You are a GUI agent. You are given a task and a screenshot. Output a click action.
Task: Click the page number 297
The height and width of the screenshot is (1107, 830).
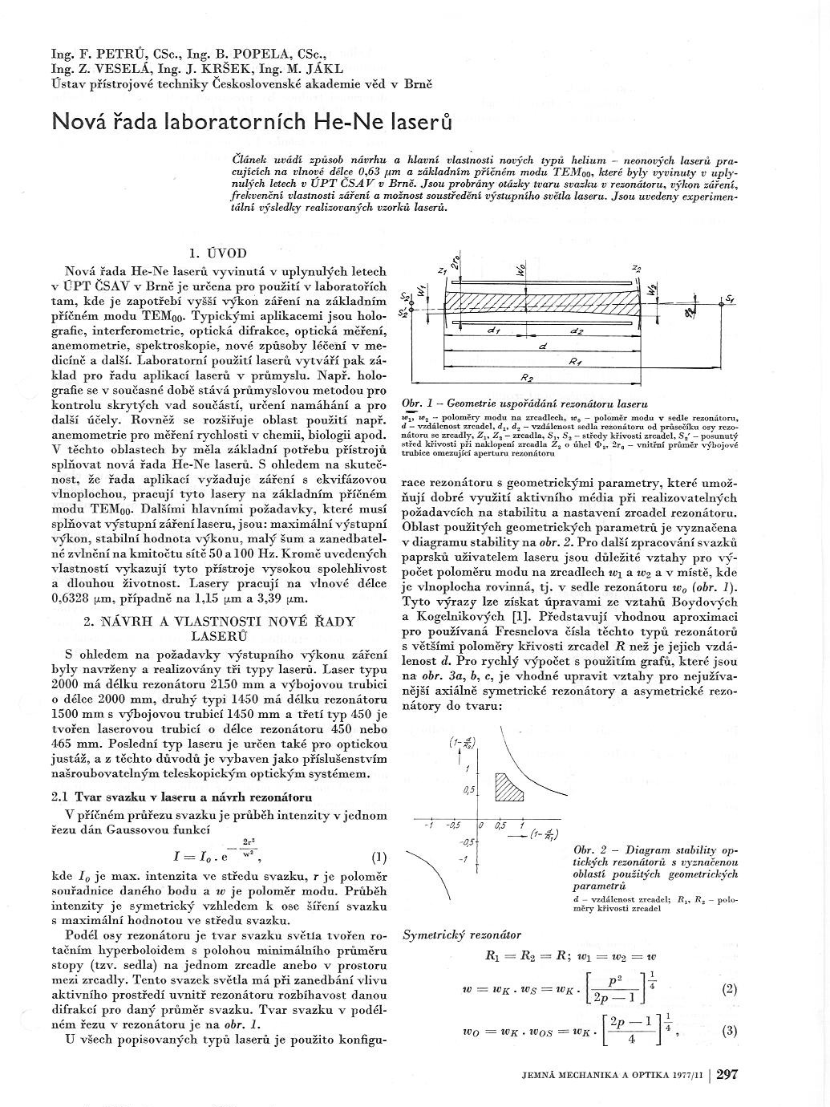(727, 1075)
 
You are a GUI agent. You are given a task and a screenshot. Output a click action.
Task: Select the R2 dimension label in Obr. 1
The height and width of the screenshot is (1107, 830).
(527, 376)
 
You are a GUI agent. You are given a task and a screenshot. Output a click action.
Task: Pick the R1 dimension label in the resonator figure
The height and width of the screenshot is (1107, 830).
(574, 362)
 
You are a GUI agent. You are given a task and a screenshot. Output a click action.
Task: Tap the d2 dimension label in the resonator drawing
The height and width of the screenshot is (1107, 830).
(576, 330)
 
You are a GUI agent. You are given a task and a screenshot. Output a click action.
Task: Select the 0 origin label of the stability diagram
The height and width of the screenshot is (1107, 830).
(480, 825)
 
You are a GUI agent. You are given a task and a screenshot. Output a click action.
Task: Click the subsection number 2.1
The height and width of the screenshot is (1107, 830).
(59, 798)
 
